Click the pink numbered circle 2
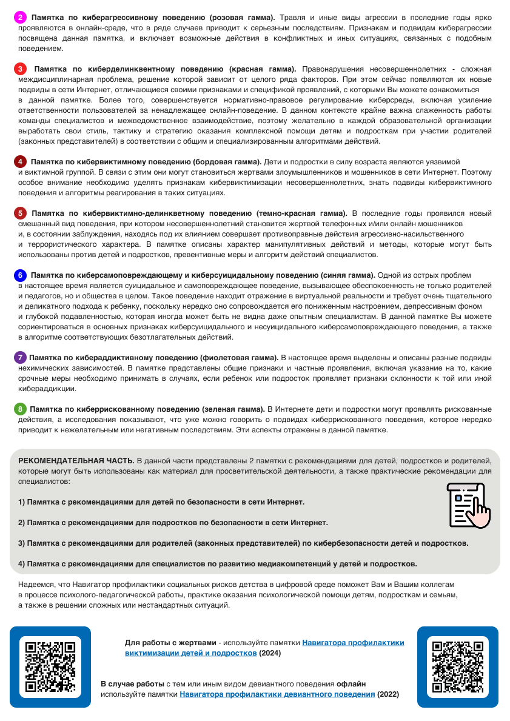[20, 18]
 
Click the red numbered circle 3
[20, 69]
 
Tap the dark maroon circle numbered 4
[20, 162]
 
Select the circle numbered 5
[20, 213]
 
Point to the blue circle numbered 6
[20, 275]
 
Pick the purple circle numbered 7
[20, 357]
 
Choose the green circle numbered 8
[20, 409]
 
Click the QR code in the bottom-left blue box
[50, 667]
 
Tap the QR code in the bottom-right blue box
[457, 667]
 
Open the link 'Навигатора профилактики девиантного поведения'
[277, 694]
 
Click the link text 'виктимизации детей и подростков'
[191, 653]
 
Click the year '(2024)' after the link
[270, 653]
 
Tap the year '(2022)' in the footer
[388, 694]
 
